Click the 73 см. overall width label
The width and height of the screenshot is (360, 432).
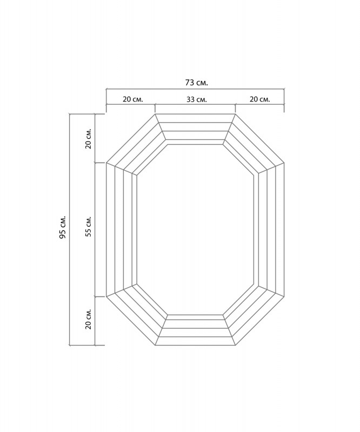pyautogui.click(x=196, y=83)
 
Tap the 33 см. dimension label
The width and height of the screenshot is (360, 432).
pyautogui.click(x=196, y=99)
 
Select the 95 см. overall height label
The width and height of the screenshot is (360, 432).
pyautogui.click(x=63, y=227)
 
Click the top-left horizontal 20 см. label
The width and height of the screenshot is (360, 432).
pyautogui.click(x=133, y=99)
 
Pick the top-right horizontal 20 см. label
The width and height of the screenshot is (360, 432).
pyautogui.click(x=260, y=99)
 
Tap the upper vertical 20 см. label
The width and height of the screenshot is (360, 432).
pyautogui.click(x=88, y=138)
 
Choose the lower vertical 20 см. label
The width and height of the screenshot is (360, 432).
pyautogui.click(x=88, y=319)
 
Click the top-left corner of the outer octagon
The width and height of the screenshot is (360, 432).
pyautogui.click(x=155, y=113)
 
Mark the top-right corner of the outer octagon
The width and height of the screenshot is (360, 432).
pyautogui.click(x=235, y=113)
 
